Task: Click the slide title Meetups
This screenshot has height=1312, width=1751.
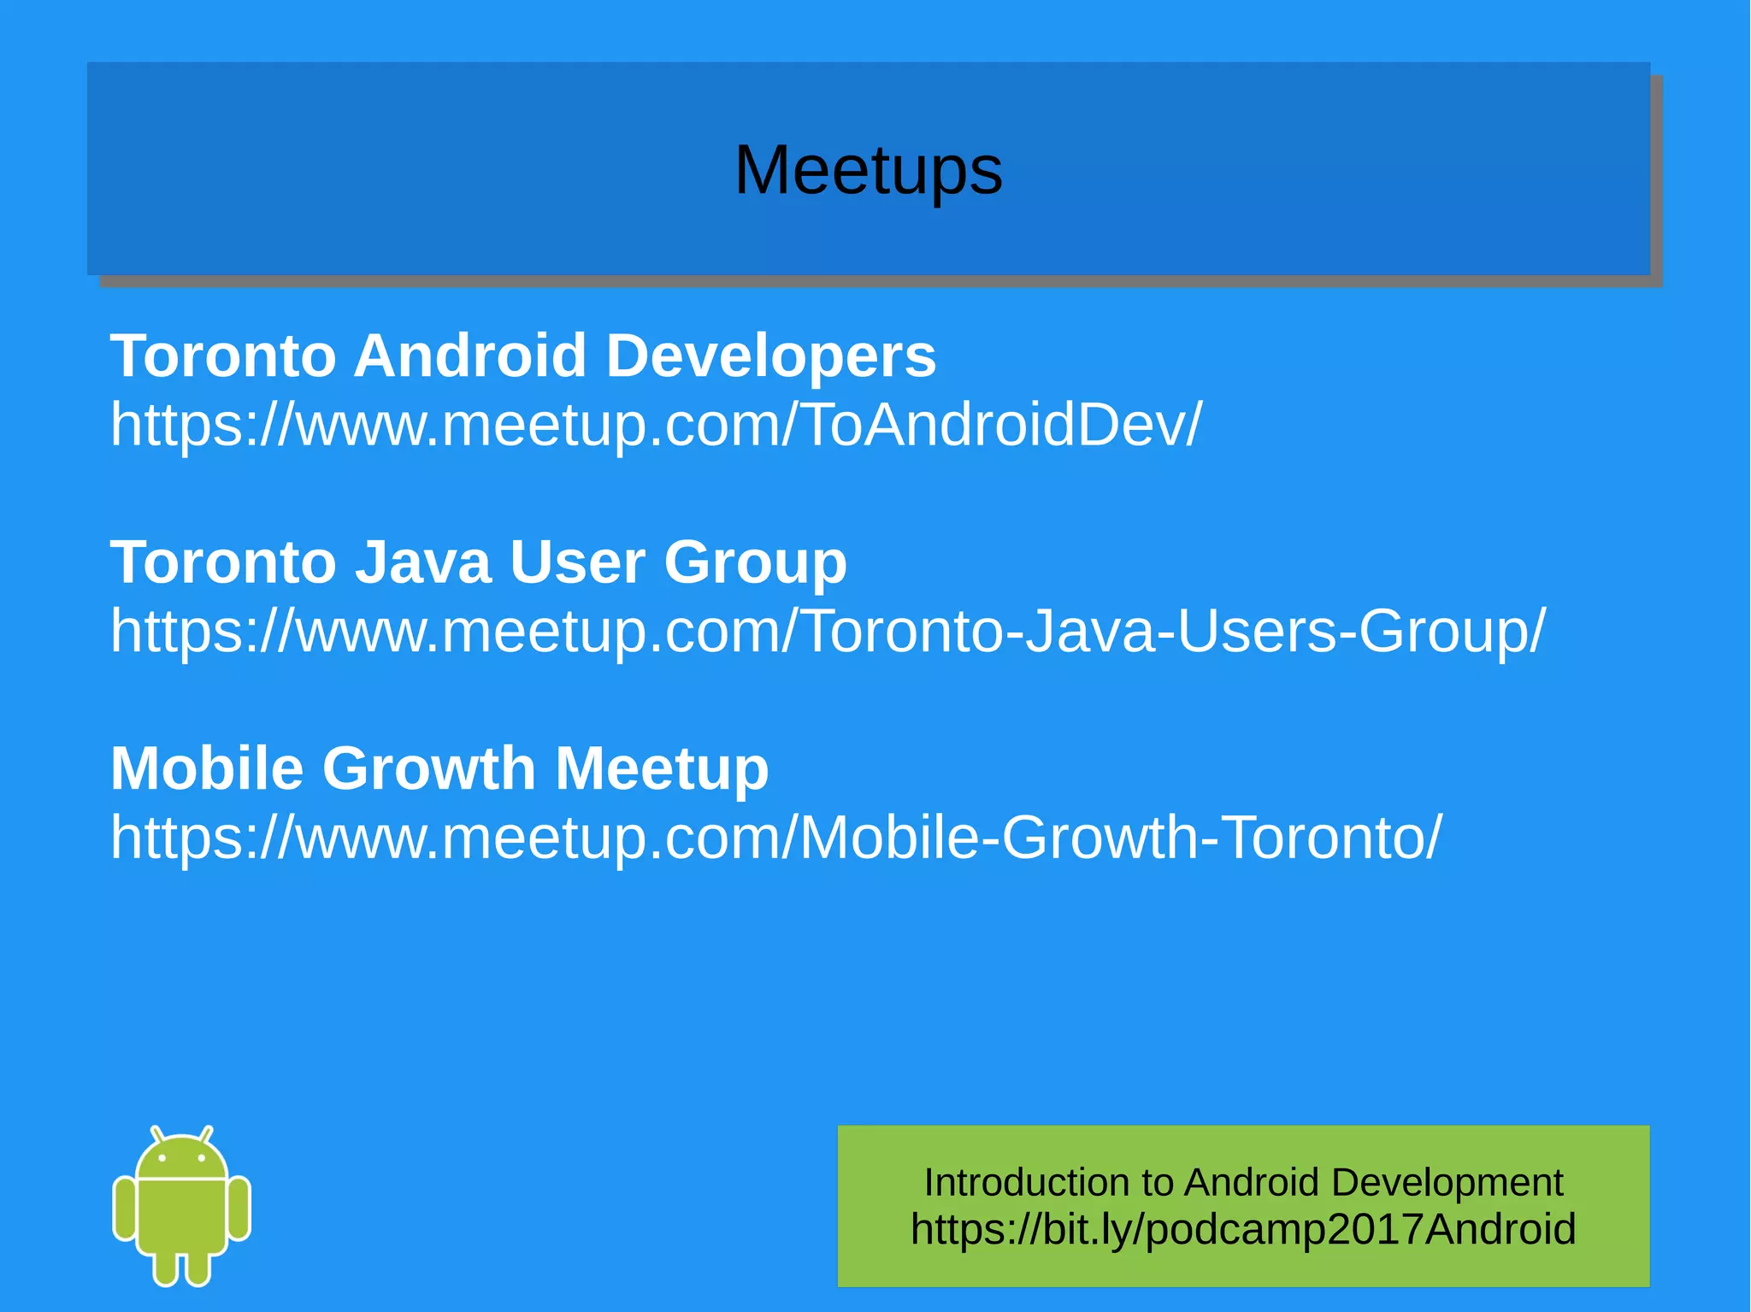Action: point(868,170)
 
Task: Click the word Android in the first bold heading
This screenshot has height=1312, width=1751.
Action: point(469,356)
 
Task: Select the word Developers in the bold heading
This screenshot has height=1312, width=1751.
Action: point(770,356)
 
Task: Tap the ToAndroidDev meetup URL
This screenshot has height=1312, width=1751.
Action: point(656,424)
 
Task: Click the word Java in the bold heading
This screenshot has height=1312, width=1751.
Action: point(422,562)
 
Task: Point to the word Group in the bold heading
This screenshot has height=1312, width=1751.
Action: point(755,562)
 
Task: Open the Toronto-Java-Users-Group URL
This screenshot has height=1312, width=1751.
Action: point(828,631)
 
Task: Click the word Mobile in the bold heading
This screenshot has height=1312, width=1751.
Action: point(206,768)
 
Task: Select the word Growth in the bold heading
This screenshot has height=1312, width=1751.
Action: point(428,768)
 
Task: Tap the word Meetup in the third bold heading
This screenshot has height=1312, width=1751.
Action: point(662,768)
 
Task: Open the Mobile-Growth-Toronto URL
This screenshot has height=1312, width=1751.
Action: point(775,837)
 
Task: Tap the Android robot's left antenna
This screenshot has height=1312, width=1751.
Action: point(157,1135)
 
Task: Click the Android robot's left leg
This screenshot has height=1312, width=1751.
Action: point(165,1267)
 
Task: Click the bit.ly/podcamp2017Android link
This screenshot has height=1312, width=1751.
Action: point(1242,1230)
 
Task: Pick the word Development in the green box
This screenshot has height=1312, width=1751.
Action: point(1447,1183)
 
